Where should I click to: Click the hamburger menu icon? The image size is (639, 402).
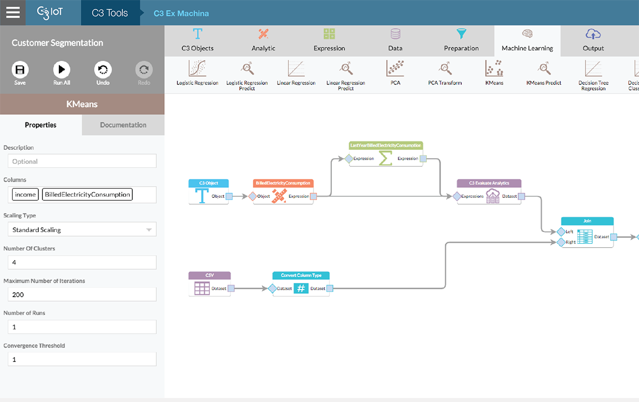pyautogui.click(x=12, y=12)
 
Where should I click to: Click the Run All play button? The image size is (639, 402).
pyautogui.click(x=61, y=70)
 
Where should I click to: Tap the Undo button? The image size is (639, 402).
pyautogui.click(x=103, y=70)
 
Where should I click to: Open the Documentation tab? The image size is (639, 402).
pyautogui.click(x=123, y=125)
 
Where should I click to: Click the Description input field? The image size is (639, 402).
pyautogui.click(x=82, y=161)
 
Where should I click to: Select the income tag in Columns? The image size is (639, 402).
pyautogui.click(x=25, y=194)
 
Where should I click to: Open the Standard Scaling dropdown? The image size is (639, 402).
pyautogui.click(x=82, y=230)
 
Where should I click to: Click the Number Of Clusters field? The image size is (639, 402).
pyautogui.click(x=82, y=262)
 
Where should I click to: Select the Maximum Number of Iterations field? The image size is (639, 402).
pyautogui.click(x=82, y=295)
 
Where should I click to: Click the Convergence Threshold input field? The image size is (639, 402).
pyautogui.click(x=82, y=359)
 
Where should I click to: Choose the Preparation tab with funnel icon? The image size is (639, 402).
pyautogui.click(x=461, y=40)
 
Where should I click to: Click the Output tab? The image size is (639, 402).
pyautogui.click(x=593, y=40)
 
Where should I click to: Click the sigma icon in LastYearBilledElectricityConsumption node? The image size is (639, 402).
pyautogui.click(x=385, y=159)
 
